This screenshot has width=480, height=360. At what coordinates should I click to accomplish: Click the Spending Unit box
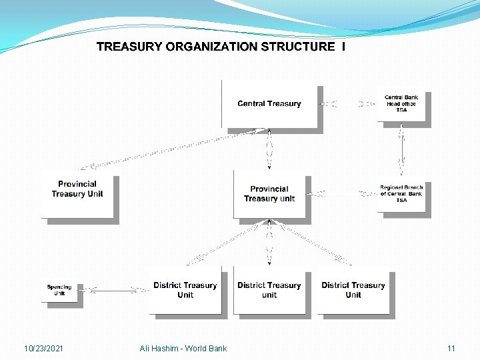point(59,290)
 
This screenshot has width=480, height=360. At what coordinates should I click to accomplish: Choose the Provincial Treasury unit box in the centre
point(269,194)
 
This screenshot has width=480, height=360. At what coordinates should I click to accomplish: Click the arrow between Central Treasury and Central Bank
point(347,104)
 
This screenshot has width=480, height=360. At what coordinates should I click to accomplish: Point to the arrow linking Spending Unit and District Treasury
point(117,290)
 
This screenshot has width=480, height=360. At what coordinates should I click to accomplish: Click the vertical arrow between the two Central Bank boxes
point(401,151)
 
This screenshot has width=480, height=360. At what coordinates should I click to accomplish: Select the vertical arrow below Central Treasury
point(269,149)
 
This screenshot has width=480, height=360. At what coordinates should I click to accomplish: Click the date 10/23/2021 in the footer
point(43,348)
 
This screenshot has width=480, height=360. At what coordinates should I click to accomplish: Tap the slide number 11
point(451,348)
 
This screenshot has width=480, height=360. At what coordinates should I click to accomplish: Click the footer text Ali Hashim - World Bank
point(183,348)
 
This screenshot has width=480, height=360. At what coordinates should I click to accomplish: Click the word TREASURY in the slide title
point(129,47)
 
